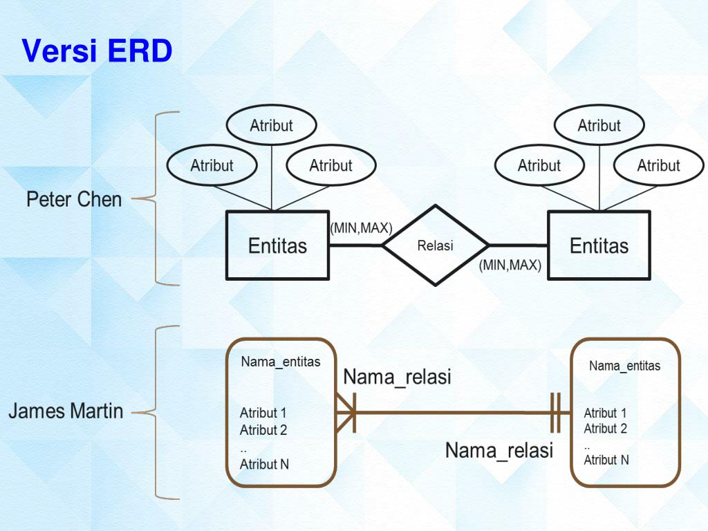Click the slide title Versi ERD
click(x=97, y=52)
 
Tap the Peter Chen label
click(x=74, y=200)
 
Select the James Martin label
click(x=66, y=411)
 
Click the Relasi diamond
click(x=435, y=245)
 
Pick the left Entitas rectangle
click(x=277, y=245)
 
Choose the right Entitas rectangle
click(x=599, y=245)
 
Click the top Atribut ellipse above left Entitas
click(x=271, y=126)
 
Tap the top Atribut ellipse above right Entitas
click(x=599, y=126)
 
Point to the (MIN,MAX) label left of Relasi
click(x=361, y=228)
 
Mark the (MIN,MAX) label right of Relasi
click(x=510, y=265)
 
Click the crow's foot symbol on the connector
click(x=346, y=413)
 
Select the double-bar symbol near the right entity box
click(x=555, y=413)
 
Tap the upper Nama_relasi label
click(x=397, y=377)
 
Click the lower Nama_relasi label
click(x=499, y=451)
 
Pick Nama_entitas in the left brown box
click(x=281, y=362)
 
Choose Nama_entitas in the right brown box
click(x=624, y=366)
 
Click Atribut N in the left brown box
click(x=264, y=465)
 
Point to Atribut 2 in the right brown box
click(x=605, y=429)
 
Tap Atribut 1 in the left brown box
click(x=263, y=413)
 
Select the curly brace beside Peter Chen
click(x=156, y=199)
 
